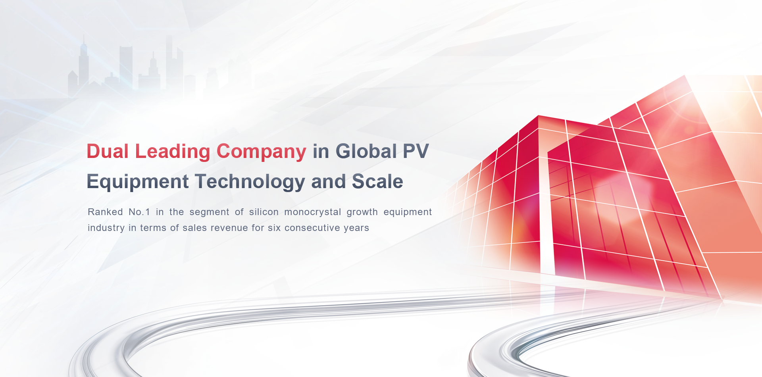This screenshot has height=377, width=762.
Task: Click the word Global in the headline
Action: (x=366, y=151)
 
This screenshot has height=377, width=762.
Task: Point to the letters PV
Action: (x=416, y=151)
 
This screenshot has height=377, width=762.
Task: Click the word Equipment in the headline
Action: (x=138, y=182)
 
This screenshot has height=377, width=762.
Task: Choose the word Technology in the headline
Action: (x=250, y=182)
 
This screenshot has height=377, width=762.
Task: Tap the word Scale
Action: (x=377, y=181)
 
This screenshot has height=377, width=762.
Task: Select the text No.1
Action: (x=139, y=212)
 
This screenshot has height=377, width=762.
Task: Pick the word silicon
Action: (x=264, y=212)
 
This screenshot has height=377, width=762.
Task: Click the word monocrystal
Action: (x=313, y=212)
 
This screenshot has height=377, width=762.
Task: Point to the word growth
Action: (x=362, y=212)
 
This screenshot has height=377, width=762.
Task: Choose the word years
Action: (x=356, y=228)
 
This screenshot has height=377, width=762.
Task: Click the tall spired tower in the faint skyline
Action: (x=83, y=63)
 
